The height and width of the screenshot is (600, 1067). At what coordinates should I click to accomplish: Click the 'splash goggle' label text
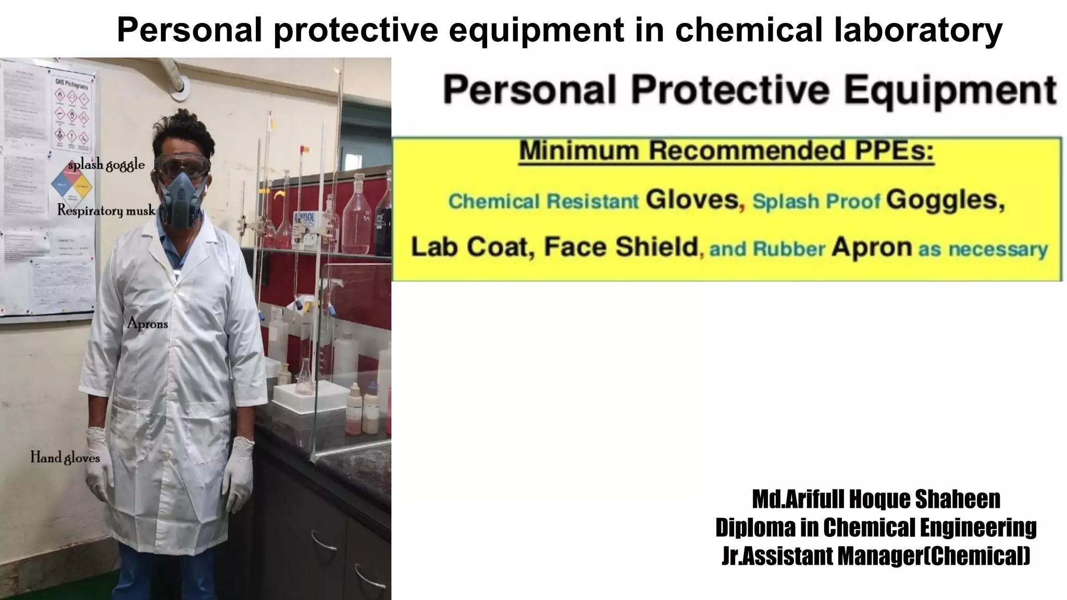tap(106, 166)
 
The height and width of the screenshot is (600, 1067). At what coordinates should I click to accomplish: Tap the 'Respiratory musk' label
tap(106, 210)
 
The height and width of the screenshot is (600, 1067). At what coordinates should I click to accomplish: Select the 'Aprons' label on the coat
tap(147, 324)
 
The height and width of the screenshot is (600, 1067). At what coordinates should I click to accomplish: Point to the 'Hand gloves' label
tap(65, 458)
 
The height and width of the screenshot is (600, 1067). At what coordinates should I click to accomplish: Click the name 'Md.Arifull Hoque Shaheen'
tap(876, 499)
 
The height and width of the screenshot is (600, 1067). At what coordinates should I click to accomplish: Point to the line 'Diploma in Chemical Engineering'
tap(876, 527)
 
